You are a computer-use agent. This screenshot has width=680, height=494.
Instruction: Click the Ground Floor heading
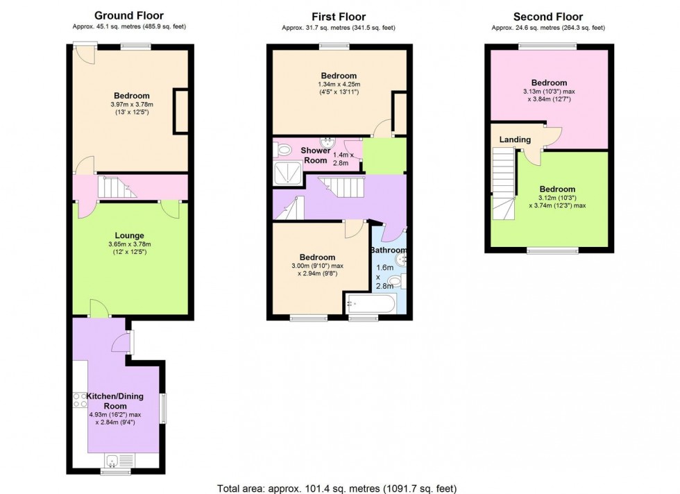pyautogui.click(x=129, y=16)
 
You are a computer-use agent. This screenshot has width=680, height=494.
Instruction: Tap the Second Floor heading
pyautogui.click(x=548, y=17)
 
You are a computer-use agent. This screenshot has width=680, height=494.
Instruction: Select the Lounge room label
pyautogui.click(x=129, y=235)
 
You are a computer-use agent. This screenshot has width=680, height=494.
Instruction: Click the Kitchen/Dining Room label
pyautogui.click(x=115, y=401)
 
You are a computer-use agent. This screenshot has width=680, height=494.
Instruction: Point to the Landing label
pyautogui.click(x=515, y=139)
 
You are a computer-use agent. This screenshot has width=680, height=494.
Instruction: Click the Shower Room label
pyautogui.click(x=315, y=155)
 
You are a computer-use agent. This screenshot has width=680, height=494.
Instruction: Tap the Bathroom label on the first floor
pyautogui.click(x=388, y=250)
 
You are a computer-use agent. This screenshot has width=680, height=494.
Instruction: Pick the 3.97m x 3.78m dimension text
pyautogui.click(x=132, y=105)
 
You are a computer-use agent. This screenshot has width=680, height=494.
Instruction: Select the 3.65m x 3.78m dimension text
pyautogui.click(x=130, y=245)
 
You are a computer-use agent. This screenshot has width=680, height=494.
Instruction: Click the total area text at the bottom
pyautogui.click(x=337, y=488)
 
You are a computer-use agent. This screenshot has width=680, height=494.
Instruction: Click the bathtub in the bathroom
pyautogui.click(x=371, y=304)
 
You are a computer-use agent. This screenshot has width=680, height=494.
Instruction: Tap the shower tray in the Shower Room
pyautogui.click(x=287, y=173)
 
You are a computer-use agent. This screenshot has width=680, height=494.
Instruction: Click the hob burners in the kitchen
pyautogui.click(x=80, y=400)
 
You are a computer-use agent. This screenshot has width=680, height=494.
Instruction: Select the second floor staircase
pyautogui.click(x=504, y=183)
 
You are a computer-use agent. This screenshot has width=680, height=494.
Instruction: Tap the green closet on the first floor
pyautogui.click(x=384, y=155)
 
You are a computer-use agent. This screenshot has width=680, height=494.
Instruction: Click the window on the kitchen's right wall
pyautogui.click(x=163, y=408)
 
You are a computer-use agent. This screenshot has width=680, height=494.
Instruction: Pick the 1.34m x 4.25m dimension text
pyautogui.click(x=339, y=85)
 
